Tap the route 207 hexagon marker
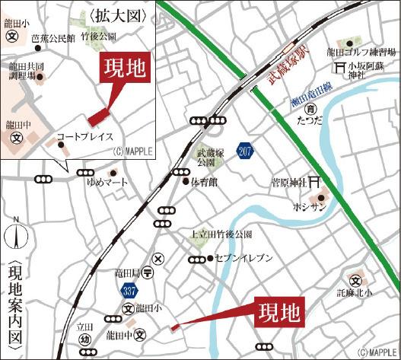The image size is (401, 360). (244, 151)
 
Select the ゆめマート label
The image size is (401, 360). (103, 183)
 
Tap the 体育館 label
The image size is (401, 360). (204, 182)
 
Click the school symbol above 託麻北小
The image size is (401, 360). (355, 279)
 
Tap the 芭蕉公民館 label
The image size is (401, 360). (53, 37)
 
